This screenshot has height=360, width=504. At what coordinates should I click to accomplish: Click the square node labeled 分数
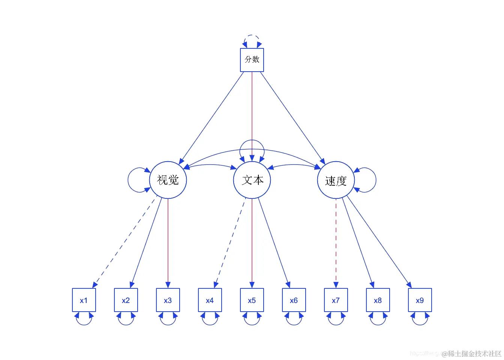[252, 60]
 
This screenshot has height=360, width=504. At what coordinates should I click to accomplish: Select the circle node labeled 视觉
[168, 180]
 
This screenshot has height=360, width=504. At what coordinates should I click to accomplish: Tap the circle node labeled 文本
[252, 180]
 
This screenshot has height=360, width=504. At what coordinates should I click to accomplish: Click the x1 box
[84, 300]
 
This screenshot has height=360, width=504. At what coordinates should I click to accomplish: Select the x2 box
[126, 300]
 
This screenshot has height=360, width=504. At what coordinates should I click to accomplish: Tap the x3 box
[168, 300]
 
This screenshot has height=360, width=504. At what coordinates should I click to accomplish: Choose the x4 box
[210, 300]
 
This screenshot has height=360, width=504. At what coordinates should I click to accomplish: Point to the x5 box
[252, 300]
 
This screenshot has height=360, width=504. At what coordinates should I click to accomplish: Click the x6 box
[294, 300]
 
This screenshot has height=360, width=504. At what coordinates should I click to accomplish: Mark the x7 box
[336, 300]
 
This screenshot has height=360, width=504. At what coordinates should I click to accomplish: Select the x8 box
[378, 300]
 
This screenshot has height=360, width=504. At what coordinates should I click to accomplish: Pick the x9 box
[420, 300]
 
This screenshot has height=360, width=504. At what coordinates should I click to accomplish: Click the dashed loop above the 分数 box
[252, 36]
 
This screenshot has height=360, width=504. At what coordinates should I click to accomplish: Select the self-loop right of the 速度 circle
[375, 180]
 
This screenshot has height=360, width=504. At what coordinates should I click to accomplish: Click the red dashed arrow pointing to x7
[336, 244]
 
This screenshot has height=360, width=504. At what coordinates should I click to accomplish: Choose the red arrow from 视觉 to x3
[168, 244]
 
